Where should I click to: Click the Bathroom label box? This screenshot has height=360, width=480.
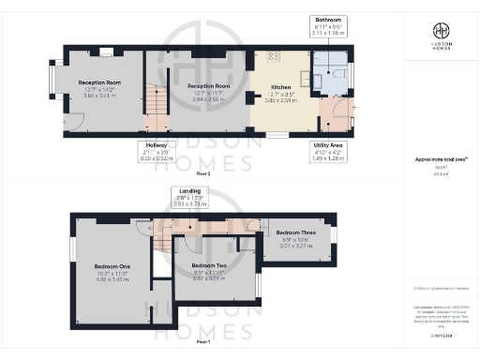(328, 25)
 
